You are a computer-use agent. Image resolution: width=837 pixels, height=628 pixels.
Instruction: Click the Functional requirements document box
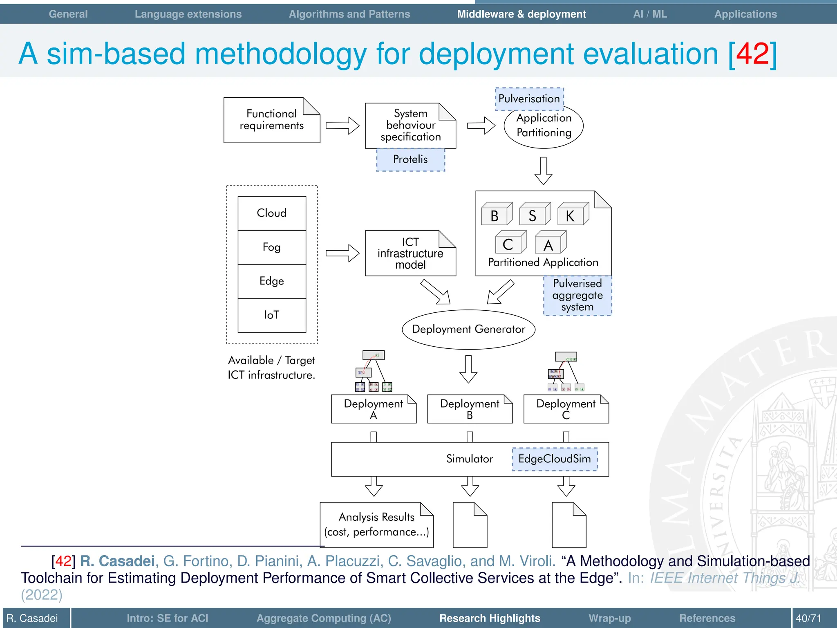click(271, 120)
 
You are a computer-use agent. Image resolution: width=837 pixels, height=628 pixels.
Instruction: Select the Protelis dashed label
click(410, 159)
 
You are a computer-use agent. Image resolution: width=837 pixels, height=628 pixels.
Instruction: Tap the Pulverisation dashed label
click(529, 99)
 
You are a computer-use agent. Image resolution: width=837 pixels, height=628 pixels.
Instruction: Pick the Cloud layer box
click(271, 213)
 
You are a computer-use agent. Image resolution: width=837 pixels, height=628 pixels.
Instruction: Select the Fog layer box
click(271, 247)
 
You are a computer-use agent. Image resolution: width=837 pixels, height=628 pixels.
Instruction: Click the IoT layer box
click(271, 315)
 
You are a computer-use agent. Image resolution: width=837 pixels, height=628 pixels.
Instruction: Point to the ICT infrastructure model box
click(410, 253)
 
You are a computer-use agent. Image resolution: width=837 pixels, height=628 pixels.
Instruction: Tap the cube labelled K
click(573, 214)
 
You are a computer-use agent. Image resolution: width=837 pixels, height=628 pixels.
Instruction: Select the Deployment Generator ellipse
click(468, 330)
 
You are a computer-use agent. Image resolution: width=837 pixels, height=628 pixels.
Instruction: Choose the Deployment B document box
click(470, 409)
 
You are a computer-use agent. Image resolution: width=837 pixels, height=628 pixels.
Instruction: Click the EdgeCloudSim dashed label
click(555, 459)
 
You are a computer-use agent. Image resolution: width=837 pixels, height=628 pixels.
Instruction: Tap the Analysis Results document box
click(376, 525)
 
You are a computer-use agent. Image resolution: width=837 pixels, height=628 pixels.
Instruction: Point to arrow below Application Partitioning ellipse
click(543, 171)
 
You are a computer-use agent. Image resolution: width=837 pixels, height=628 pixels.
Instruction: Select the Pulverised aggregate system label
click(577, 296)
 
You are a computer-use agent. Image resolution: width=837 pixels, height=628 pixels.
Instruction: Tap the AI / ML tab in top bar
click(650, 14)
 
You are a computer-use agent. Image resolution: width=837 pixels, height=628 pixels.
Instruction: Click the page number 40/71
click(808, 618)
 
